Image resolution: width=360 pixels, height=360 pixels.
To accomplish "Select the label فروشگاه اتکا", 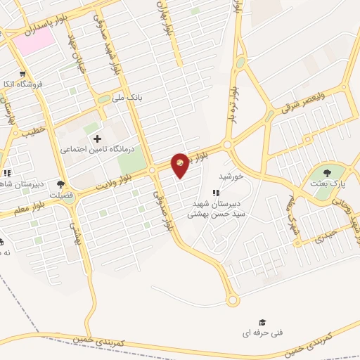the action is click(25, 84).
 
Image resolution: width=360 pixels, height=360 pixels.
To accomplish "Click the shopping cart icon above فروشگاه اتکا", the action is click(23, 73).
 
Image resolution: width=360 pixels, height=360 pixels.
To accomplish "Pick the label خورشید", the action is click(231, 176).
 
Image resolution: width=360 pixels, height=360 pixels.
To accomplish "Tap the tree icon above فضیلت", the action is click(61, 184).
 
